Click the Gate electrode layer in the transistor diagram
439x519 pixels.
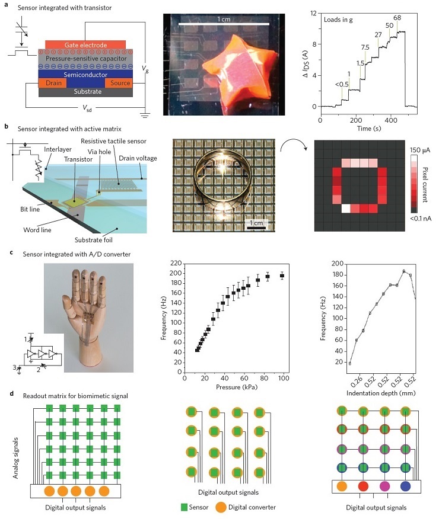click(84, 44)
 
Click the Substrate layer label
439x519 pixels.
click(84, 92)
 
